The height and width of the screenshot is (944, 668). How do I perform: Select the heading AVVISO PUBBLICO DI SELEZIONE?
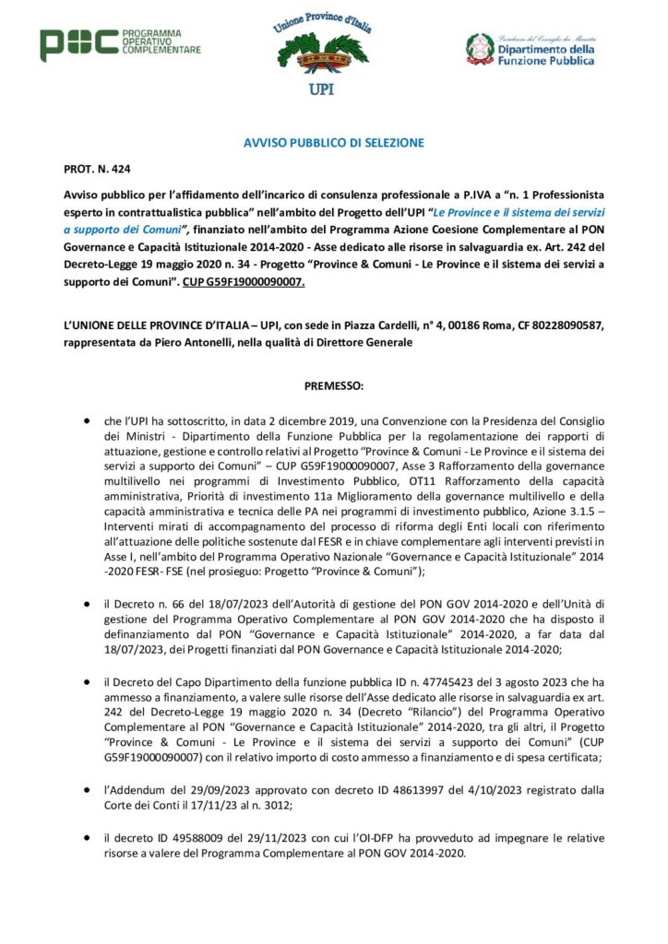point(333,143)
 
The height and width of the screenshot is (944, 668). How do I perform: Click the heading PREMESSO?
point(333,384)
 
